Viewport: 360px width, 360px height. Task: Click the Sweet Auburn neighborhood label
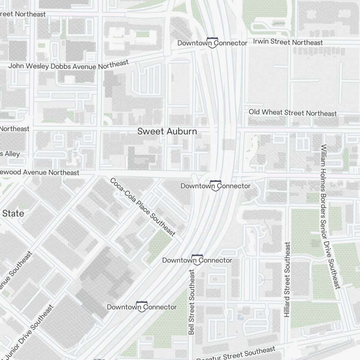pos(167,131)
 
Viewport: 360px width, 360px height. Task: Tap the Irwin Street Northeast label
pos(288,42)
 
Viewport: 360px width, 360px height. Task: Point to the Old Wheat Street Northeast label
pos(293,113)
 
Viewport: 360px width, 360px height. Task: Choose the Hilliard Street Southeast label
pos(287,279)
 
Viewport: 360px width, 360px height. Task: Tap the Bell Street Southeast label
pos(192,302)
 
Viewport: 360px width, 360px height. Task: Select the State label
pos(13,213)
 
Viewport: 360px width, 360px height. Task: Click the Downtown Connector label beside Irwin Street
pos(212,43)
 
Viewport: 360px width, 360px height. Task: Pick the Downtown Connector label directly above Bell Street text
pos(197,260)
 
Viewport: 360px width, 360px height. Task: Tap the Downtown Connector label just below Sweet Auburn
pos(215,186)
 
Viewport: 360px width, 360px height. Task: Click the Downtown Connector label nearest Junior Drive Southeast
pos(142,307)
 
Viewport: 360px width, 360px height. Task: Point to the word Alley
pos(12,154)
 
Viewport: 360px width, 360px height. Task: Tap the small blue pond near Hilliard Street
pos(240,317)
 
